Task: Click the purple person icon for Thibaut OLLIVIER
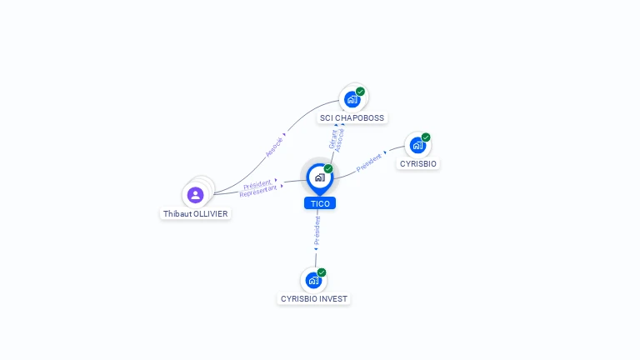click(195, 195)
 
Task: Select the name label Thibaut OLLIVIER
click(195, 213)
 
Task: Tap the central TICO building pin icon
click(319, 177)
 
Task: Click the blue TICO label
click(320, 203)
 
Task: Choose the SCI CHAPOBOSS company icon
click(352, 100)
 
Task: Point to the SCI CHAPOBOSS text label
click(352, 118)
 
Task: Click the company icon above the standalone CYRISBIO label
click(417, 145)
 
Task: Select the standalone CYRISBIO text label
click(417, 163)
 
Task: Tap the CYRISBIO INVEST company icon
click(313, 280)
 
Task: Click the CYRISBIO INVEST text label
click(314, 298)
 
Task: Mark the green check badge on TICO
click(328, 169)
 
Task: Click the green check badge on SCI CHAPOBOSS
click(360, 92)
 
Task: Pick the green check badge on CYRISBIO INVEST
click(322, 272)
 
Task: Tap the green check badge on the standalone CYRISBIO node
click(426, 137)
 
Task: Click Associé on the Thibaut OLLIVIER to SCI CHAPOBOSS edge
click(274, 146)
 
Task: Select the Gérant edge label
click(333, 139)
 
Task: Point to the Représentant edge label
click(257, 191)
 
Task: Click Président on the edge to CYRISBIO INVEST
click(317, 232)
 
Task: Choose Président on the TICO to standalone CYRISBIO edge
click(369, 162)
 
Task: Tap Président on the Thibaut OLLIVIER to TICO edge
click(257, 183)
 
